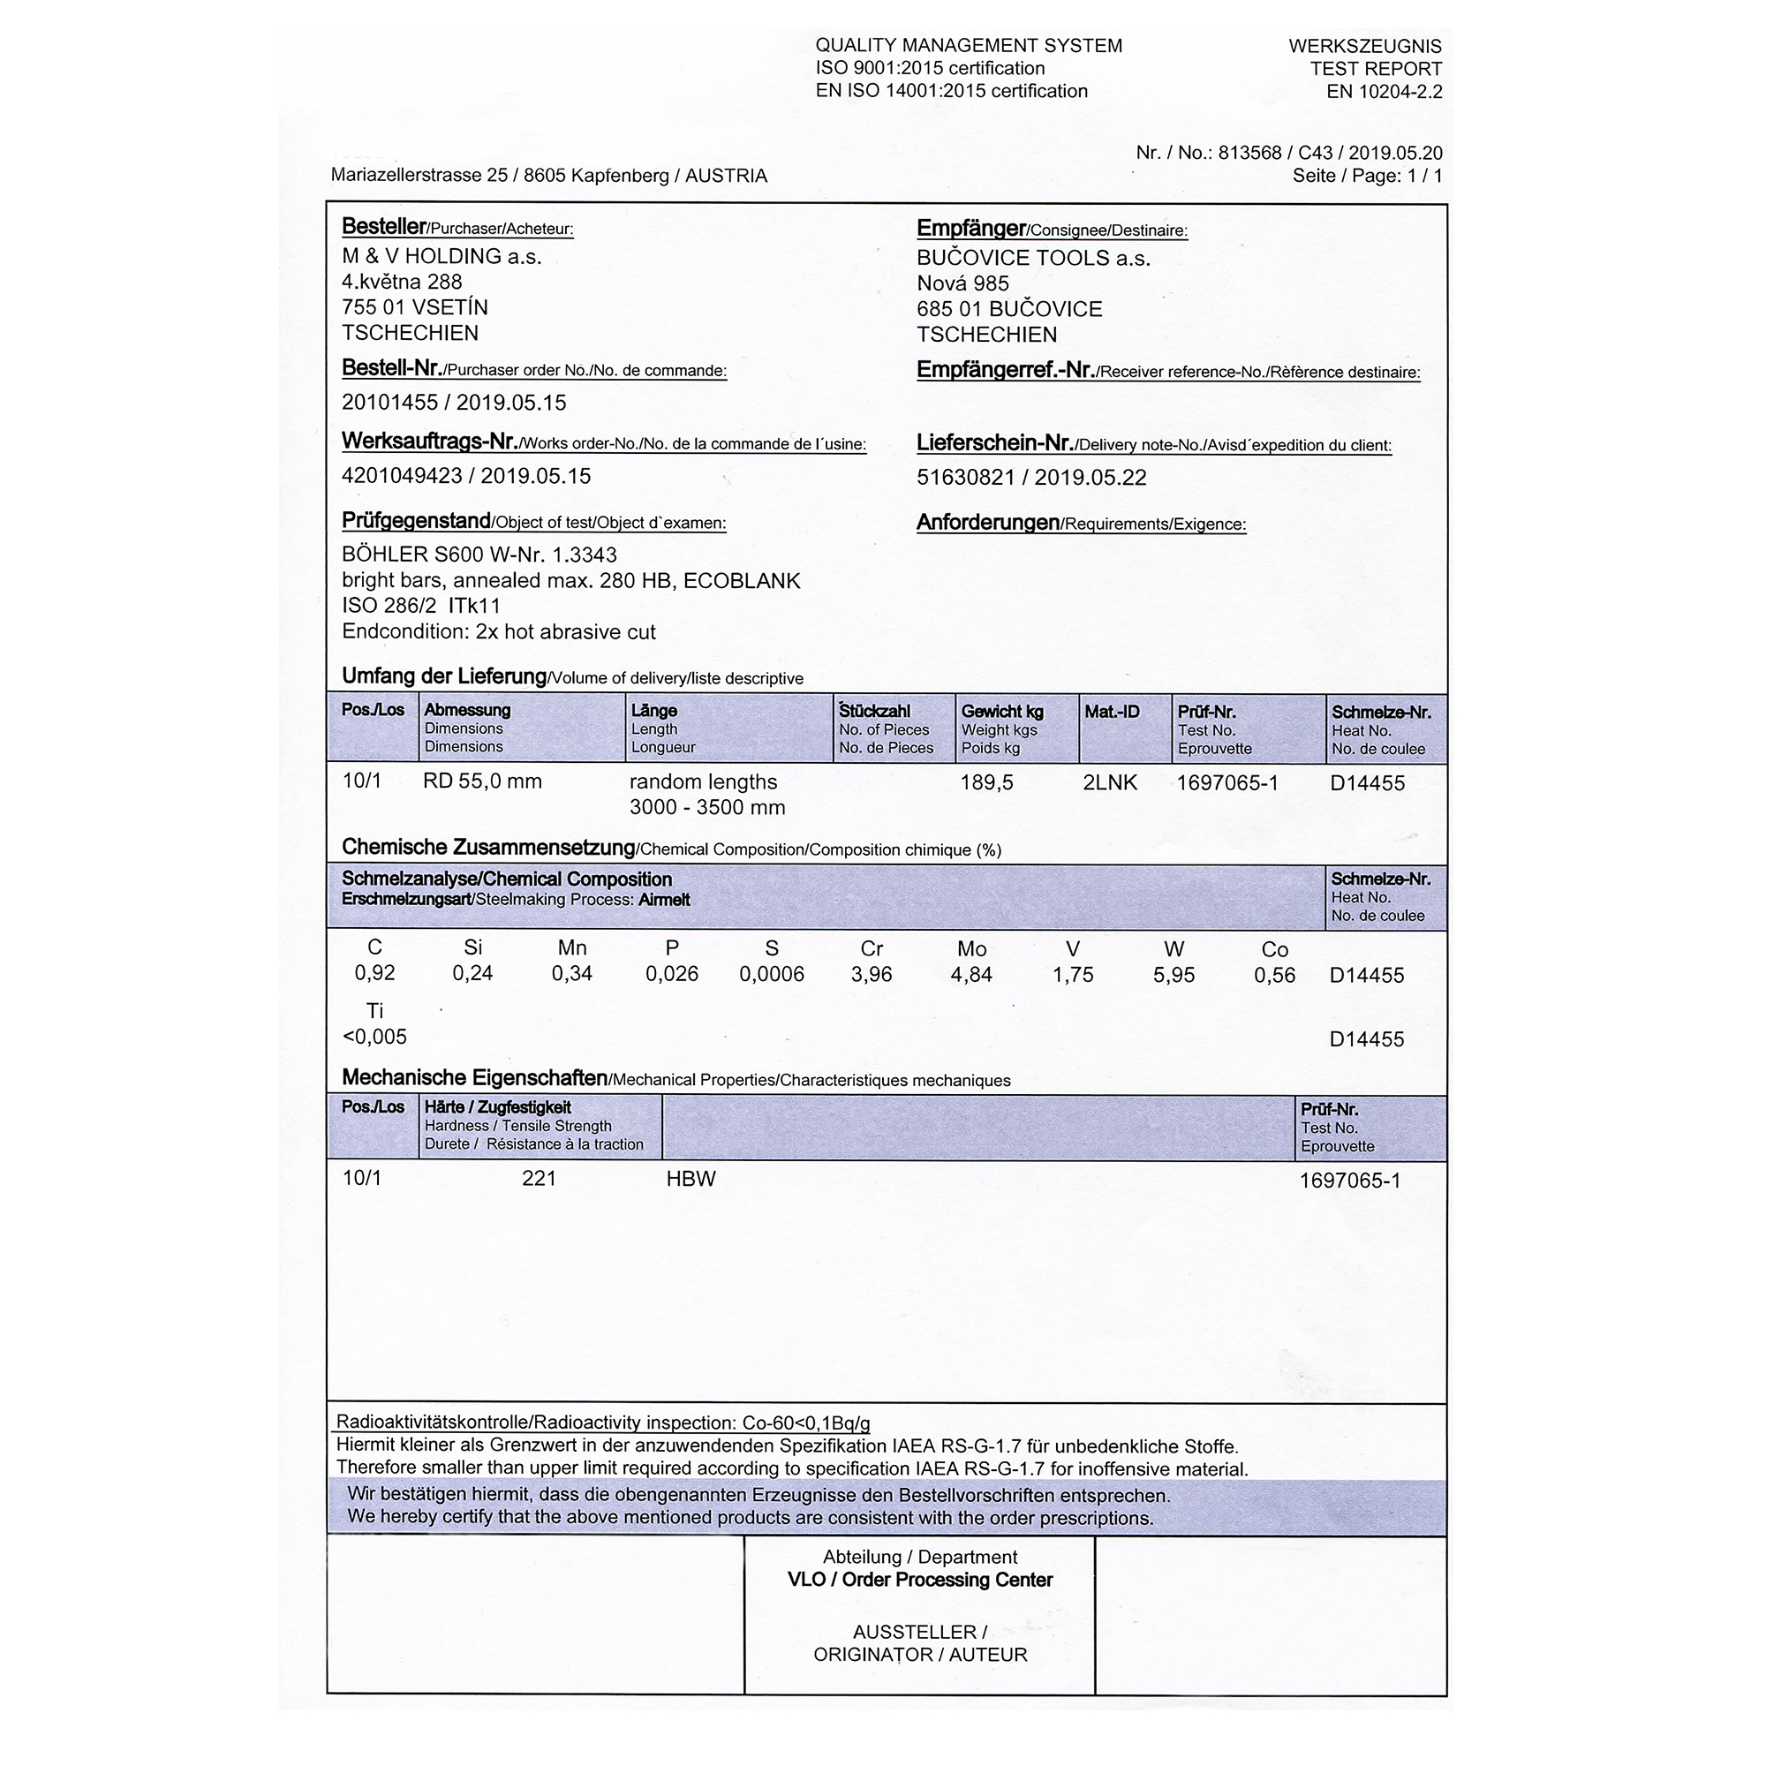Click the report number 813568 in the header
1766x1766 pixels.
1249,153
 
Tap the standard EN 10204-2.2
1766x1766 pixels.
1384,92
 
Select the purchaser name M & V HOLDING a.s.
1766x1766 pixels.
441,256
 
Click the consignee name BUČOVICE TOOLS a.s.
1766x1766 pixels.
1033,258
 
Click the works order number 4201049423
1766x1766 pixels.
401,475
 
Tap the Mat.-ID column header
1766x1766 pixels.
1112,712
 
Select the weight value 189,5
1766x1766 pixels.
986,782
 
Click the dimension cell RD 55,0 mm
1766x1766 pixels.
482,781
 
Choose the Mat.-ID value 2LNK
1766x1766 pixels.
1110,782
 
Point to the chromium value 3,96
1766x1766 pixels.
872,975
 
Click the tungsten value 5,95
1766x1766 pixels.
1174,976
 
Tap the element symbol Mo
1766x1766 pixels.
971,949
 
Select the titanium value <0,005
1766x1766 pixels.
374,1037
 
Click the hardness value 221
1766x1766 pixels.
539,1178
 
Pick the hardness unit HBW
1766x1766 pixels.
691,1179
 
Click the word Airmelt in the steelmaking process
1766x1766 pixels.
664,900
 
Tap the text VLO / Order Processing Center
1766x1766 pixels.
919,1580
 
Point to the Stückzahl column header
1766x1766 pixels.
874,711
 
